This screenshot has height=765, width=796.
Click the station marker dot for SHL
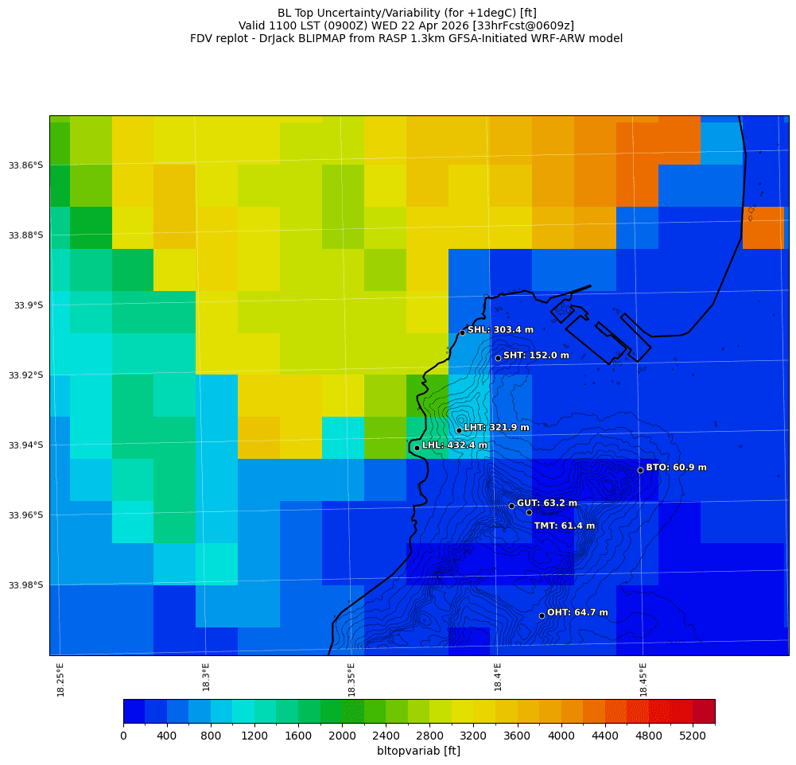point(462,332)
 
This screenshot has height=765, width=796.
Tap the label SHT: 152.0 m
point(536,355)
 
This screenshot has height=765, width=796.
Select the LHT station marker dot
point(459,430)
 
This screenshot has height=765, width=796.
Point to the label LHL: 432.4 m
point(454,445)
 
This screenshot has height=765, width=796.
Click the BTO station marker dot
point(640,470)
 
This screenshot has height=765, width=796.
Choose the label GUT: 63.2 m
point(547,503)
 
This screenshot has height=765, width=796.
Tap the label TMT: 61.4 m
point(564,526)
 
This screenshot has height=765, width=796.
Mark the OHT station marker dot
point(542,615)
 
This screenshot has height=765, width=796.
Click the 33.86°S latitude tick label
point(26,165)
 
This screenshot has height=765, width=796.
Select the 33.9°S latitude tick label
point(29,305)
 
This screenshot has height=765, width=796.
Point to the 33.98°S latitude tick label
point(26,585)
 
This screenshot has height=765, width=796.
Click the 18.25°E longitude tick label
point(61,679)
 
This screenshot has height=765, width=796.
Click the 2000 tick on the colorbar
point(342,736)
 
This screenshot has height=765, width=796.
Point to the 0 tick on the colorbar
point(123,736)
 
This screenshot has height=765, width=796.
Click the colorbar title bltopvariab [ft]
point(418,751)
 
